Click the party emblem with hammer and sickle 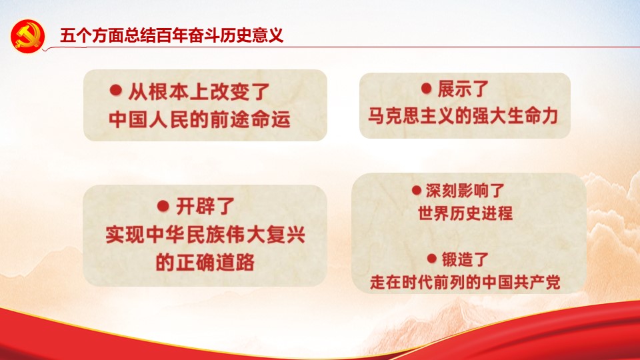27,36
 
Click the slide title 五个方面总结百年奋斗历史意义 171,35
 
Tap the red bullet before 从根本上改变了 116,90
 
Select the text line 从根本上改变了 199,91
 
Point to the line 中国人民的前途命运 199,119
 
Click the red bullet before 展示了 426,88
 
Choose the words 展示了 463,89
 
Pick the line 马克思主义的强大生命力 463,116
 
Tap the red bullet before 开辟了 163,206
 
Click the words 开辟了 205,206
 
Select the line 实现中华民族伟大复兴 205,235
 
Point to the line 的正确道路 205,263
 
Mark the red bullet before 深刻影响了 416,190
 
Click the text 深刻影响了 465,191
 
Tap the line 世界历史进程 465,213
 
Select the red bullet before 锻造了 432,258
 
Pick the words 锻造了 465,259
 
